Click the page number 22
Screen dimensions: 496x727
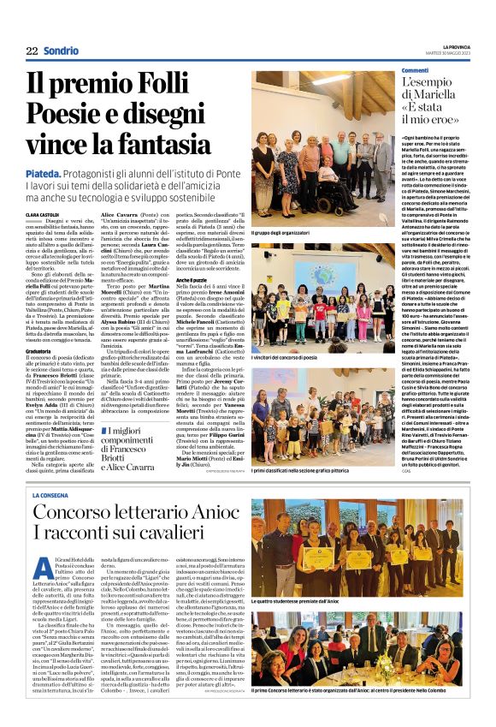32,51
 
